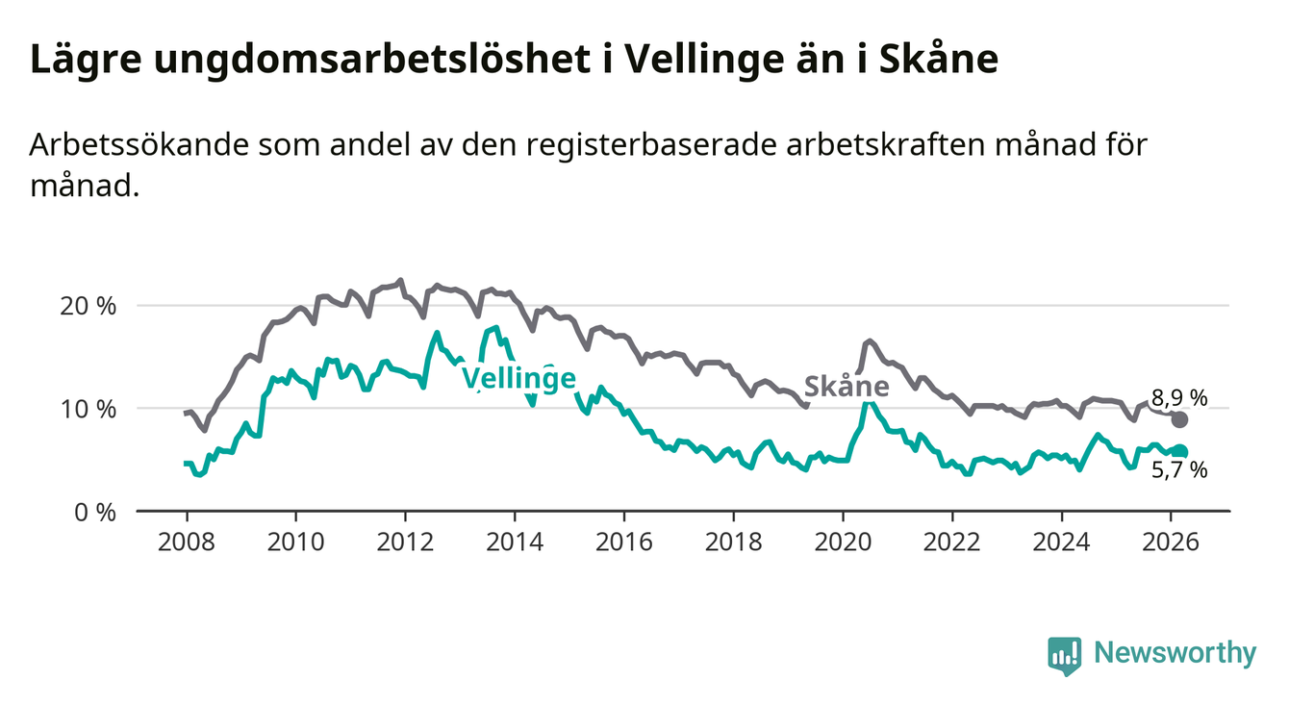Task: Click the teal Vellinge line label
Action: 518,378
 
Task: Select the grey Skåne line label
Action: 847,387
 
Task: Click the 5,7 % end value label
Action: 1179,470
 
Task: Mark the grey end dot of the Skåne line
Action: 1180,419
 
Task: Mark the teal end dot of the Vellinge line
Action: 1180,452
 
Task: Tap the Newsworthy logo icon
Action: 1064,654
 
